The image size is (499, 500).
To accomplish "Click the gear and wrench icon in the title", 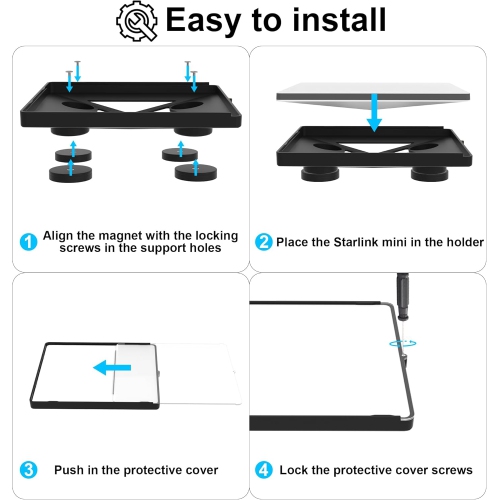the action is (137, 21).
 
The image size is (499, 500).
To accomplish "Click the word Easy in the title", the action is (203, 21).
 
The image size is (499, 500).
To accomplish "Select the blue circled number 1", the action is (28, 241).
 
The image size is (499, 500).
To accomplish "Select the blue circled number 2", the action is (264, 242).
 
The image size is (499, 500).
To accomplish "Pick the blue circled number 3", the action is (28, 470).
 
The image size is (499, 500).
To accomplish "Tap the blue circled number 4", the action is (264, 470).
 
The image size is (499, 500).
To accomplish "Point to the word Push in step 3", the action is (69, 470).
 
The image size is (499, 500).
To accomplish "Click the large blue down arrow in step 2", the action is (374, 113).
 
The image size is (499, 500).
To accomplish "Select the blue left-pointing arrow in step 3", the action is (112, 368).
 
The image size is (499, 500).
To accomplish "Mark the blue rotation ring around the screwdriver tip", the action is (403, 343).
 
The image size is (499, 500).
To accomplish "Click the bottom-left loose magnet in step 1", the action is (70, 173).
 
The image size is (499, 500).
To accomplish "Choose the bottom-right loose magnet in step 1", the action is (196, 172).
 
